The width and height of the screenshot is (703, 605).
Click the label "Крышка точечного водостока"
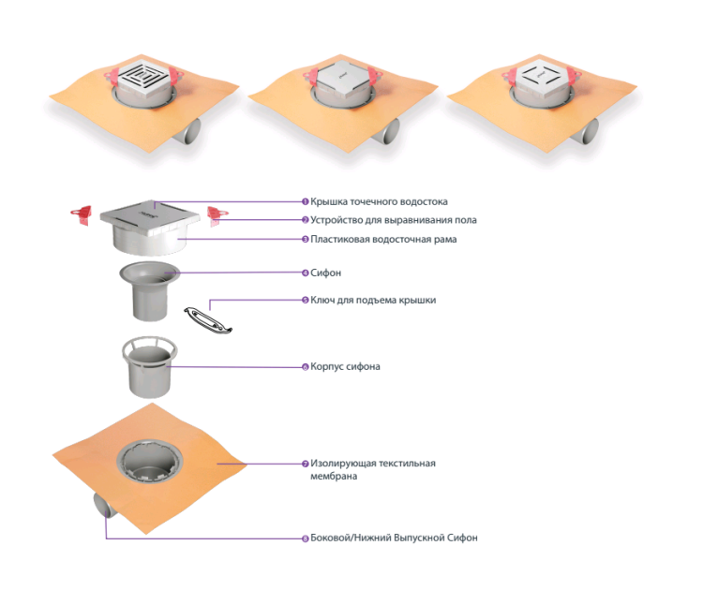coord(379,202)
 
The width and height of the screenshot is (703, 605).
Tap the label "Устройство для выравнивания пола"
coord(393,220)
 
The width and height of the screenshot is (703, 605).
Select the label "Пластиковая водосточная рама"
coord(383,239)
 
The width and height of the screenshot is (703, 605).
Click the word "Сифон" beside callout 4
coord(325,273)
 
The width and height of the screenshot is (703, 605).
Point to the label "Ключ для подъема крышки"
coord(373,300)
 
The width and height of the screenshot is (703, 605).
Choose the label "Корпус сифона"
coord(345,366)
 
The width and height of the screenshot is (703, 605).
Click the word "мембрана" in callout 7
coord(334,476)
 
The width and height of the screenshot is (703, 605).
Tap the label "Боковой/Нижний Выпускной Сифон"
coord(394,538)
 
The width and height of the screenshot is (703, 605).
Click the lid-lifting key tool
coord(208,319)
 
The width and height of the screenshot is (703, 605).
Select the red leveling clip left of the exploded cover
coord(82,214)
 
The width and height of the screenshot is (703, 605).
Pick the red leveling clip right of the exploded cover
coord(217,215)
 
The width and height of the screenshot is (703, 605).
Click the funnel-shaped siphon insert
coord(149,290)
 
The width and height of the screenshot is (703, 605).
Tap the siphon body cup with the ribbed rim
coord(150,367)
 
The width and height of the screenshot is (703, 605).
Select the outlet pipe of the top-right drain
coord(586,131)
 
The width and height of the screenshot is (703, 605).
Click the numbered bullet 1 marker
coord(306,202)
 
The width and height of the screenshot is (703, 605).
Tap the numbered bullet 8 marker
coord(306,538)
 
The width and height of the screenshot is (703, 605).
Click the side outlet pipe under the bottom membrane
coord(104,506)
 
